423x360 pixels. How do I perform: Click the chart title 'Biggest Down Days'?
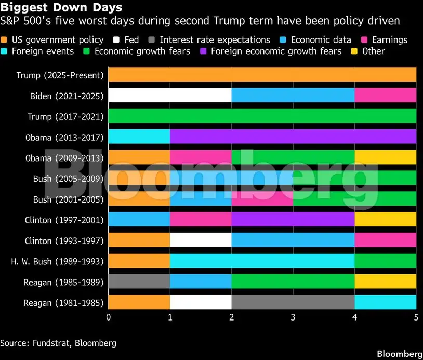click(62, 8)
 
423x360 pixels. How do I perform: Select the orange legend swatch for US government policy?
click(5, 39)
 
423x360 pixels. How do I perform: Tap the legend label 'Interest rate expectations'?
click(215, 39)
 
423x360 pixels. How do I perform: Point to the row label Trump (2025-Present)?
click(60, 75)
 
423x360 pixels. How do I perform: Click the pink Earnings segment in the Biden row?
click(385, 96)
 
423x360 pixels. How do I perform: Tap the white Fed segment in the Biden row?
click(169, 96)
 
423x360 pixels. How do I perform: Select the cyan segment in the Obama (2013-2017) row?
click(139, 137)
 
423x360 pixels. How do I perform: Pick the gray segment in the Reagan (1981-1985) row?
click(293, 302)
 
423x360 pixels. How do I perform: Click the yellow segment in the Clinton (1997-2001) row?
click(385, 220)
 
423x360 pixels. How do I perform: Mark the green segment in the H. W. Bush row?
click(385, 261)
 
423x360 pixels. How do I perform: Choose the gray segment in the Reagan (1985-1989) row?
click(139, 282)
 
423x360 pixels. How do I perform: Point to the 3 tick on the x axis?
click(293, 317)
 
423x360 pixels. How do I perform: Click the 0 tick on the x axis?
click(108, 317)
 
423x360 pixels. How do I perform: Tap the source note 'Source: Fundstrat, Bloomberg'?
click(58, 343)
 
